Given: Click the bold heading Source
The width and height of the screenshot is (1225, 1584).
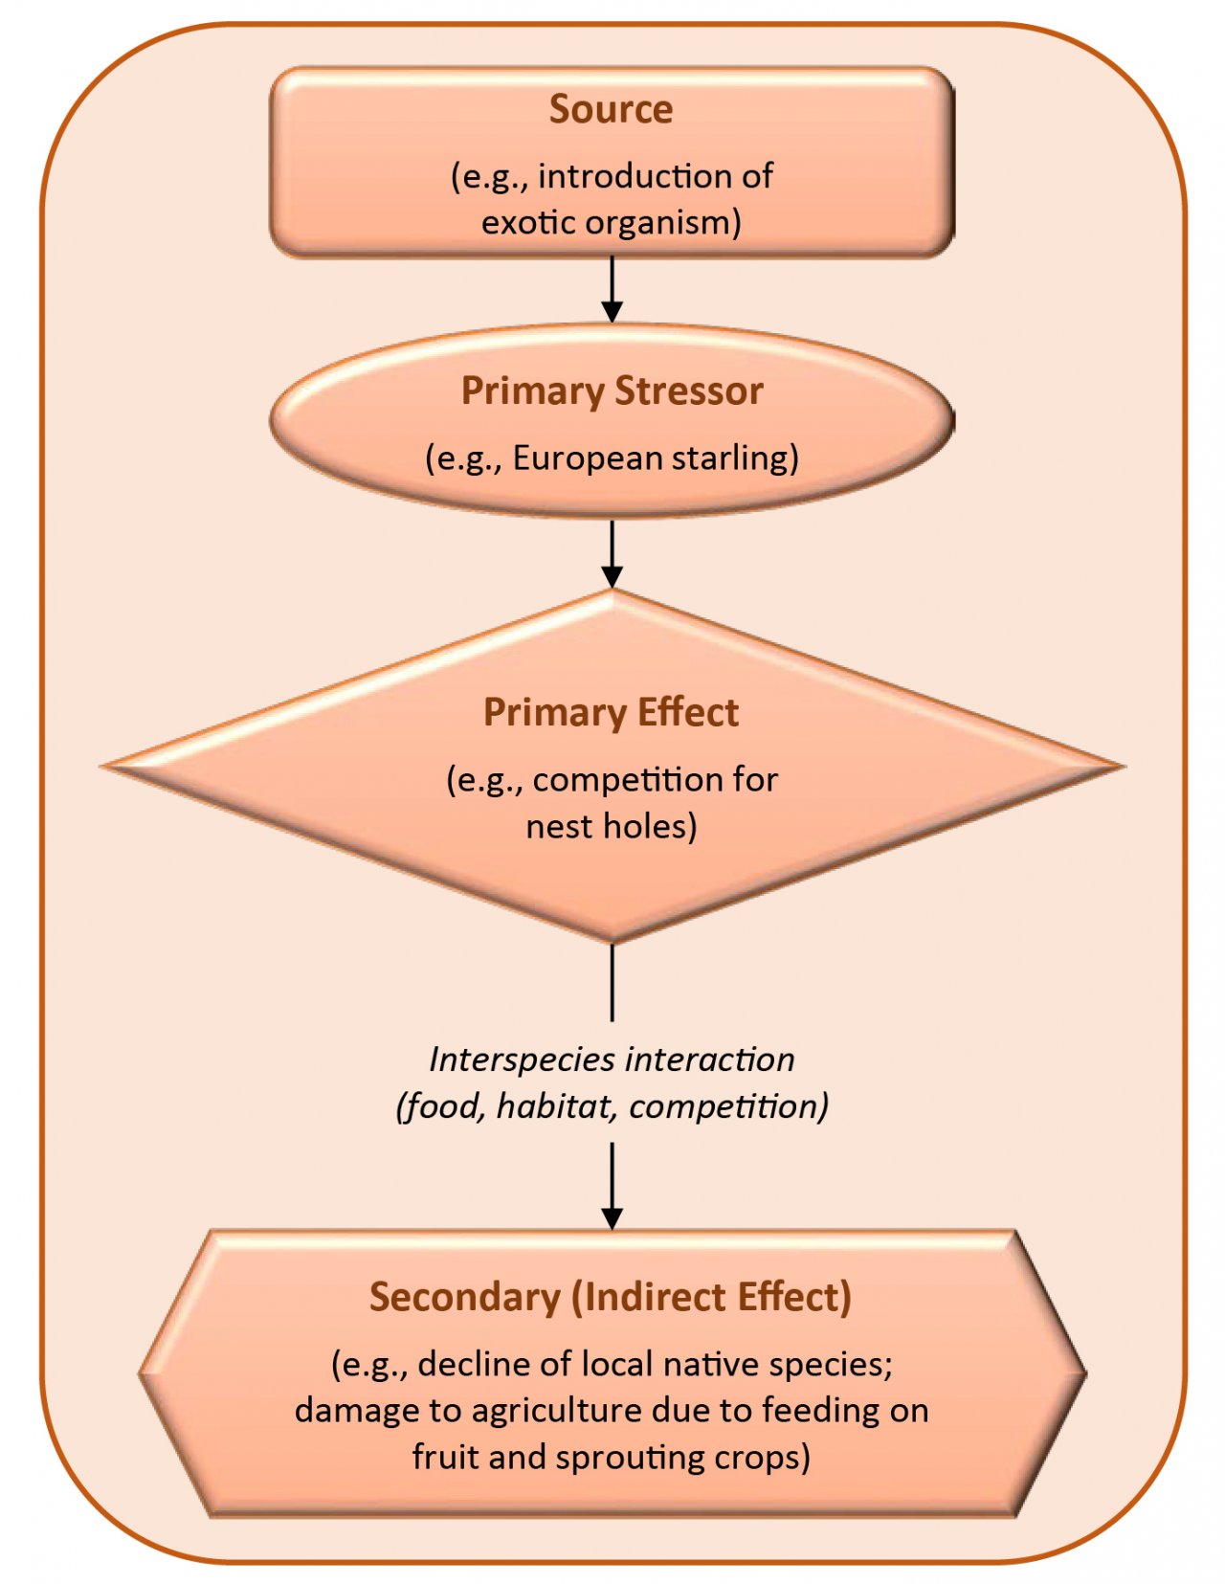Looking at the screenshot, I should click(x=611, y=109).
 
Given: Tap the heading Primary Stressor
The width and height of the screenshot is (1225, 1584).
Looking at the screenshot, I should click(x=612, y=390).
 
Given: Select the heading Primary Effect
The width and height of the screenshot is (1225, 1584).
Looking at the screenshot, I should click(x=611, y=712).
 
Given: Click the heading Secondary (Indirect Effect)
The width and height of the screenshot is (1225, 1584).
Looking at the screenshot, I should click(x=611, y=1297).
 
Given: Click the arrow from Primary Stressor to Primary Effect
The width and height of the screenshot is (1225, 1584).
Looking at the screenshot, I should click(x=612, y=553).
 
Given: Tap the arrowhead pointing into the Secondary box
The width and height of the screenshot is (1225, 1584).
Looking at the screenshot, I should click(x=612, y=1217).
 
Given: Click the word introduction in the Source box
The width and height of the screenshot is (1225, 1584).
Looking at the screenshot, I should click(x=627, y=176).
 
